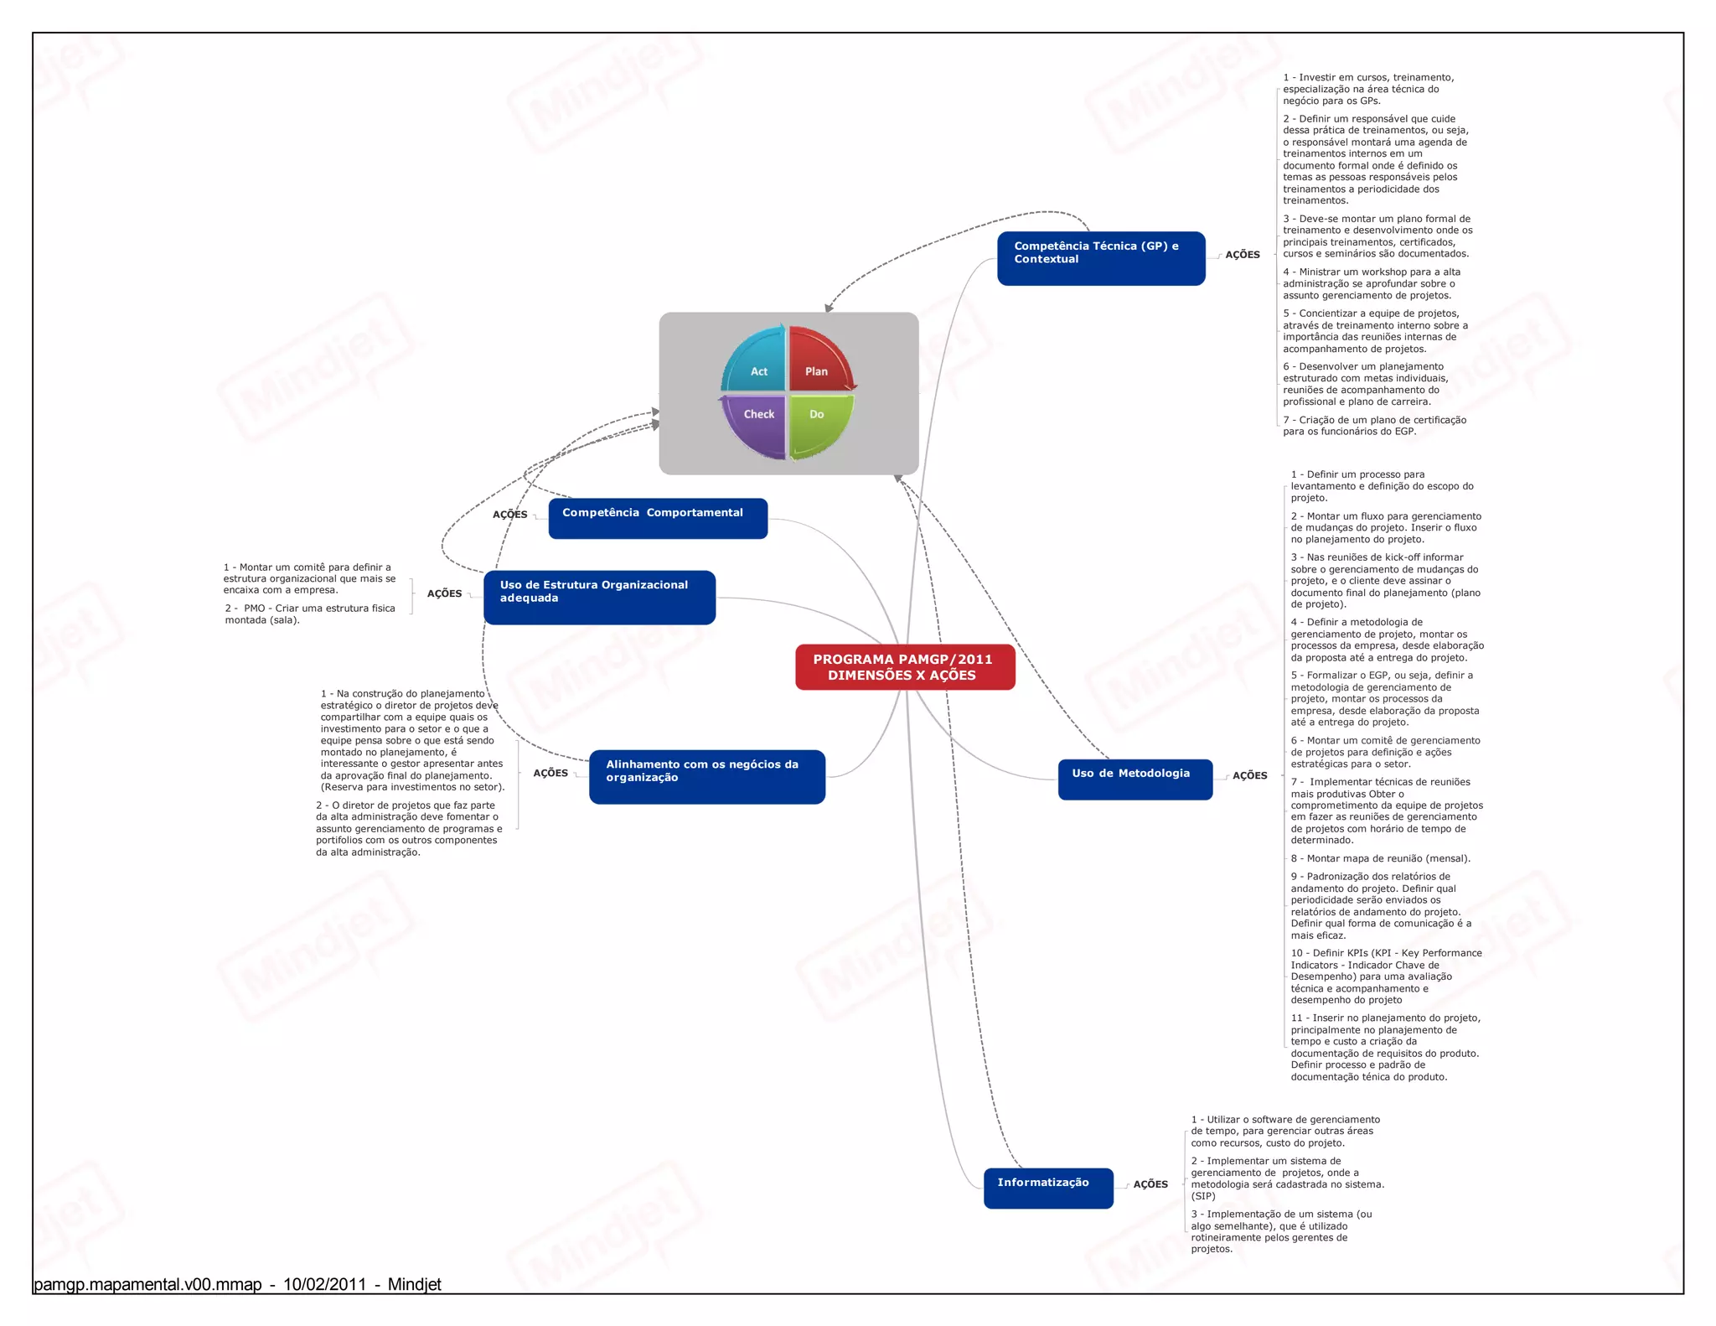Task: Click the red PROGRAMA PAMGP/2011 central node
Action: click(x=904, y=667)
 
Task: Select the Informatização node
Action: click(x=1047, y=1187)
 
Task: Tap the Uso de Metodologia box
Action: click(x=1135, y=779)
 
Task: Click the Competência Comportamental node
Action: click(x=658, y=518)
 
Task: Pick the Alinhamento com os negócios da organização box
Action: click(x=706, y=776)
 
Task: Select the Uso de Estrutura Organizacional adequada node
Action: click(x=599, y=597)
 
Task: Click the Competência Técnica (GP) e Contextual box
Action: click(x=1100, y=258)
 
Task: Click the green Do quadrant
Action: click(x=819, y=422)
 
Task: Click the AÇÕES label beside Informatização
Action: click(x=1150, y=1184)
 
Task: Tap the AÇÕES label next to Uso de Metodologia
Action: click(x=1249, y=776)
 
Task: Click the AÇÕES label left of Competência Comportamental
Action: click(x=509, y=515)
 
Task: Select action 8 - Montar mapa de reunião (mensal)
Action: click(x=1380, y=858)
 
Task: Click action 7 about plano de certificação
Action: click(x=1374, y=426)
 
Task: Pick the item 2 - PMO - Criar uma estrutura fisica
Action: click(x=309, y=614)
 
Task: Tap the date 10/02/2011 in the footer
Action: click(x=324, y=1285)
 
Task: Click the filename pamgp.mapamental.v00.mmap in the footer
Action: click(x=147, y=1285)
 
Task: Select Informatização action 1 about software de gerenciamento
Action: click(x=1284, y=1131)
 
